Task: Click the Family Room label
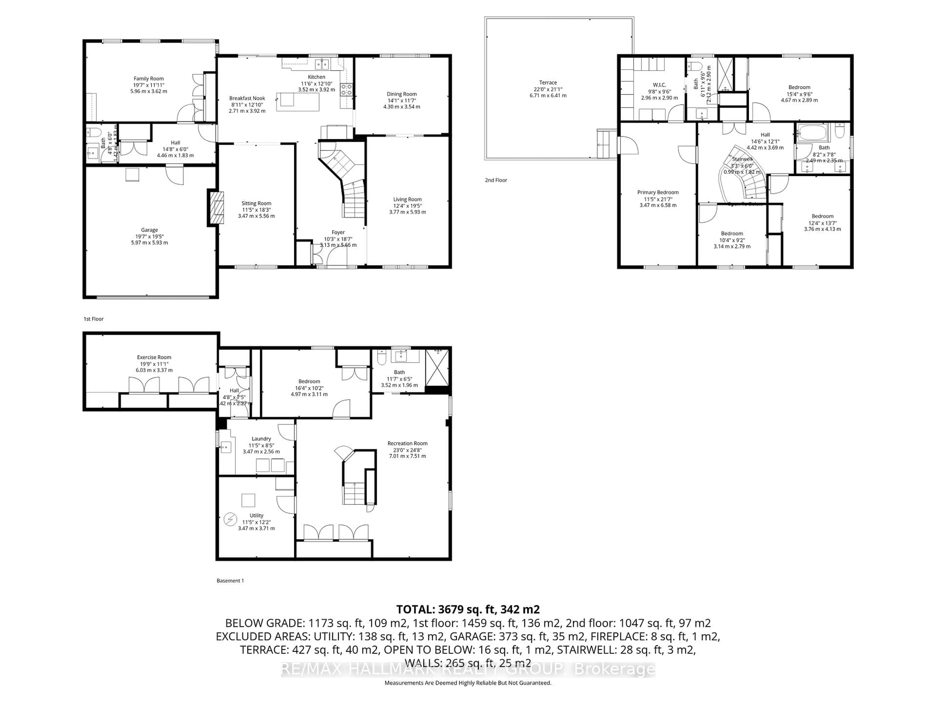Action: click(148, 79)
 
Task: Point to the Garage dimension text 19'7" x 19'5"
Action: click(149, 236)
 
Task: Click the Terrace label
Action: click(548, 83)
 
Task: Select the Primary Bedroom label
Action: click(658, 193)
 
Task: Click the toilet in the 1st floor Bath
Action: click(92, 132)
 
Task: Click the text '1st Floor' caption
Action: click(94, 319)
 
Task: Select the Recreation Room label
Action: click(407, 443)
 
